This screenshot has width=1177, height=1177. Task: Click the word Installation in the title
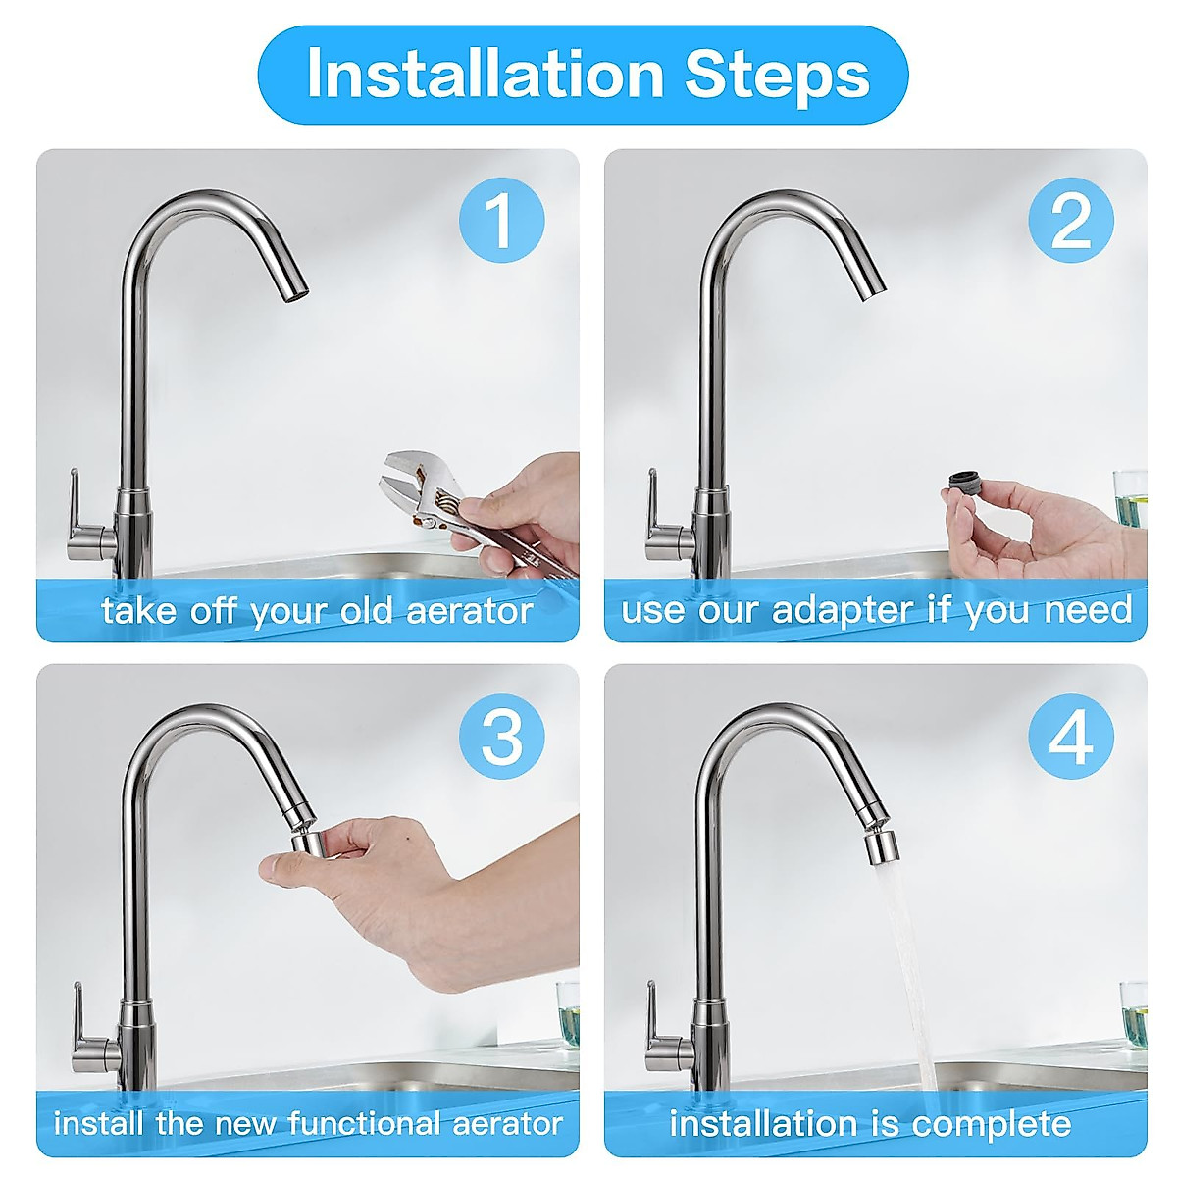tap(485, 74)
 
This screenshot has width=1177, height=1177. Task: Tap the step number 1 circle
tap(501, 220)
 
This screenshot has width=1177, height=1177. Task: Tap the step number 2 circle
tap(1071, 220)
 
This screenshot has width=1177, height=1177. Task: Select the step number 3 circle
tap(501, 736)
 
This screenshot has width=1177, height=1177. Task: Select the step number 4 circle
tap(1071, 736)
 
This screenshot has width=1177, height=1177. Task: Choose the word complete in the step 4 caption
tap(992, 1124)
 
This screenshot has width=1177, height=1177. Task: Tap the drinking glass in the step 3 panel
tap(569, 1018)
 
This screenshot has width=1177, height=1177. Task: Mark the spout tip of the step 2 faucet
tap(872, 292)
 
